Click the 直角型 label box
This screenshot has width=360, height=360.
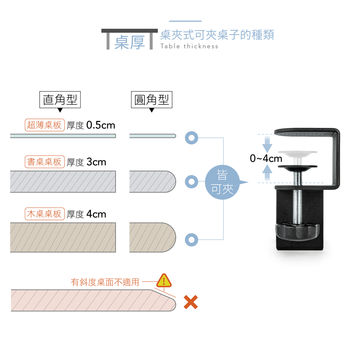[x=60, y=100]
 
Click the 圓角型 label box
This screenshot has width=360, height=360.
[x=152, y=100]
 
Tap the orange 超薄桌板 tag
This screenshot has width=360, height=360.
[x=45, y=125]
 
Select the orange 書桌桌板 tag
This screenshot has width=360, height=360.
[x=45, y=162]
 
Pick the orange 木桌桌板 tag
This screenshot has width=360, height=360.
[x=45, y=214]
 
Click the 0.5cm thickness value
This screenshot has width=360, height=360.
[x=100, y=125]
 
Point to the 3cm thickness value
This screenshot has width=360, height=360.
[x=96, y=162]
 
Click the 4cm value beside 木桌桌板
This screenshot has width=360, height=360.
[x=96, y=214]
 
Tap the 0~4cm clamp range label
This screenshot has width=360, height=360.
[x=266, y=158]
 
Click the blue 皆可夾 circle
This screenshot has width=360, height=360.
[x=222, y=182]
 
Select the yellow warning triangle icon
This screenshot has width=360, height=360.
[x=164, y=280]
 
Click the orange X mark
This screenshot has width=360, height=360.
[x=191, y=302]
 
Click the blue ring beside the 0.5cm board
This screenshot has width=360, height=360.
[x=192, y=138]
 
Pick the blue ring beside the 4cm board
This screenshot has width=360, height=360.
[x=192, y=240]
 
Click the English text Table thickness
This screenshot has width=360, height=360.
[x=189, y=46]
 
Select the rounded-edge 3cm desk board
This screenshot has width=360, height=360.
[x=153, y=181]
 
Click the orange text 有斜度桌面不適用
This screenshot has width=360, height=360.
[x=105, y=282]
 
